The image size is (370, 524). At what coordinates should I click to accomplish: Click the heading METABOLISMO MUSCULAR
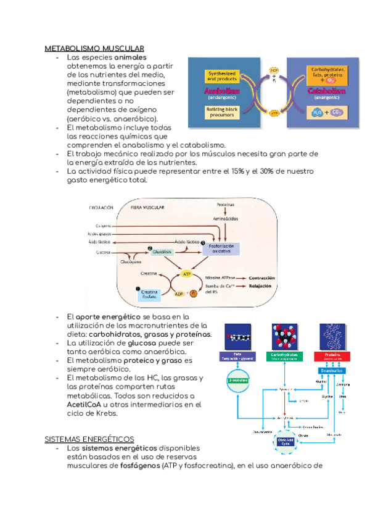point(94,48)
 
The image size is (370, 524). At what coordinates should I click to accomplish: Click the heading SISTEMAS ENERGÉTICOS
point(89,439)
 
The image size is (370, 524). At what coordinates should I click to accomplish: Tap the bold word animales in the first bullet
point(130,57)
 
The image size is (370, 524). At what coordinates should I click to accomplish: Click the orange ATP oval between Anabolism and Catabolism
point(274,113)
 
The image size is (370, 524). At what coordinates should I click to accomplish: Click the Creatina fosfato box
point(149,294)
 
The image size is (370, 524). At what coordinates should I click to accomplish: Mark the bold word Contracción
point(261,278)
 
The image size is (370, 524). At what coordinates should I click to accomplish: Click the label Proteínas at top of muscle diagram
point(226,204)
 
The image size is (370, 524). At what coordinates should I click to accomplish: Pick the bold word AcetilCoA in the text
point(83,405)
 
